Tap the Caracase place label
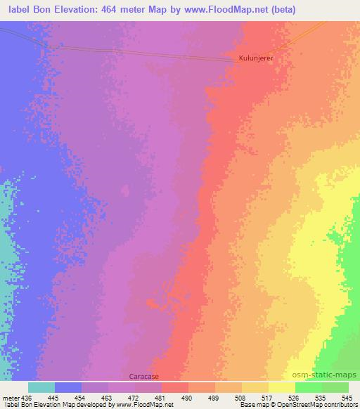pos(143,377)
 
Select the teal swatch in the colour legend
pos(41,387)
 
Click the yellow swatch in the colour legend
pos(281,387)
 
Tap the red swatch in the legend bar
pos(175,387)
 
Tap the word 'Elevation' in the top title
pos(91,10)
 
